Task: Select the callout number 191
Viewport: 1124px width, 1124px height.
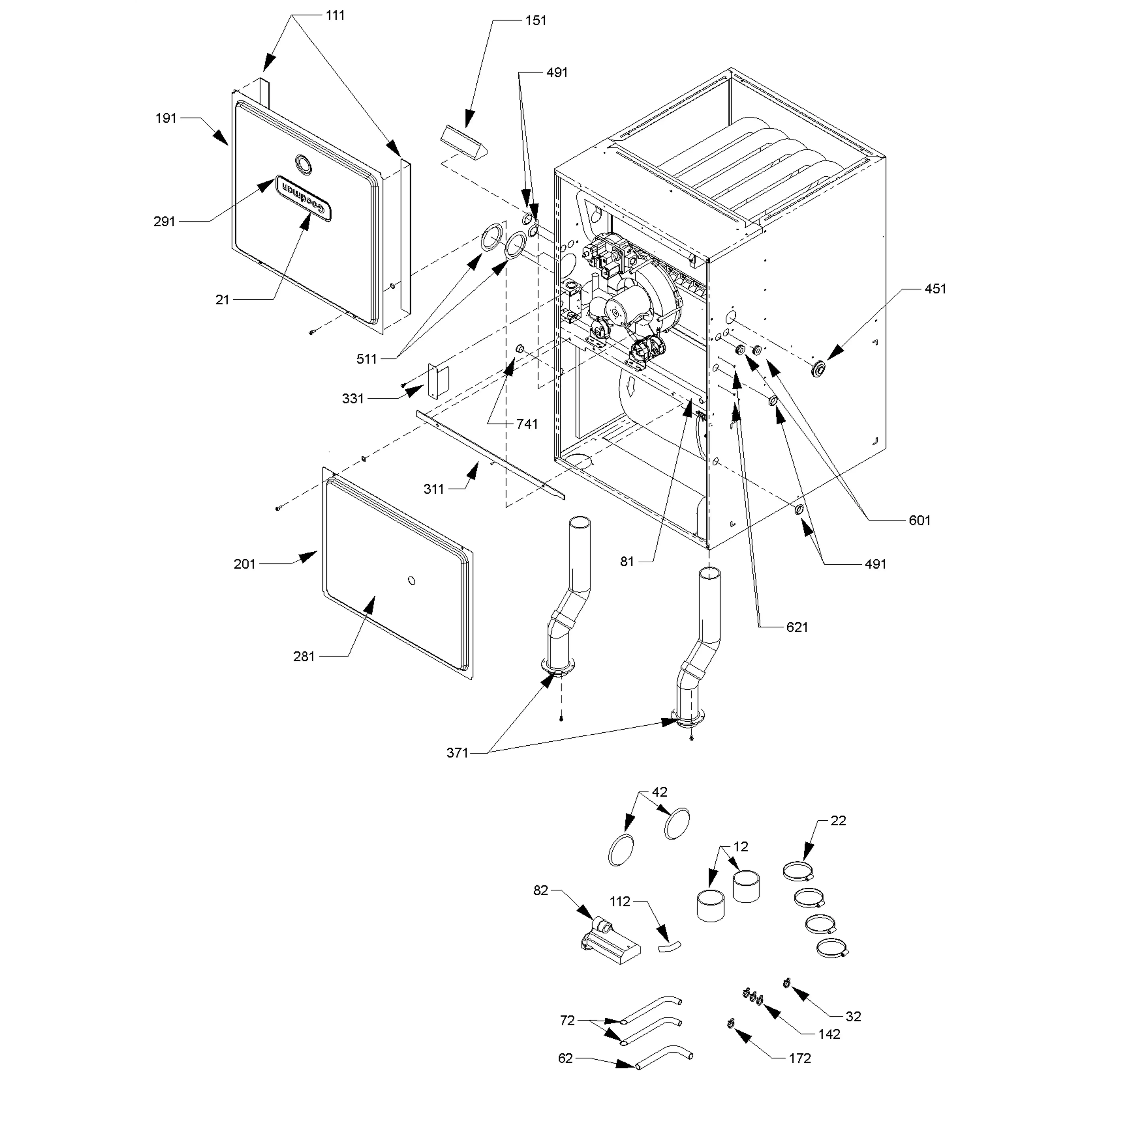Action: click(166, 118)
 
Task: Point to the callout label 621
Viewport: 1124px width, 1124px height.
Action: click(797, 627)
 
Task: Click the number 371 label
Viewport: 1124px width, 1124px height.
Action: click(457, 753)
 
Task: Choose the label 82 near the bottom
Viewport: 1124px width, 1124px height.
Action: click(541, 890)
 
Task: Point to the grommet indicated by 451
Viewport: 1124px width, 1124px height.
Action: click(819, 368)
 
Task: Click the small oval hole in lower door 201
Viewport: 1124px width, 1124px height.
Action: click(412, 581)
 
